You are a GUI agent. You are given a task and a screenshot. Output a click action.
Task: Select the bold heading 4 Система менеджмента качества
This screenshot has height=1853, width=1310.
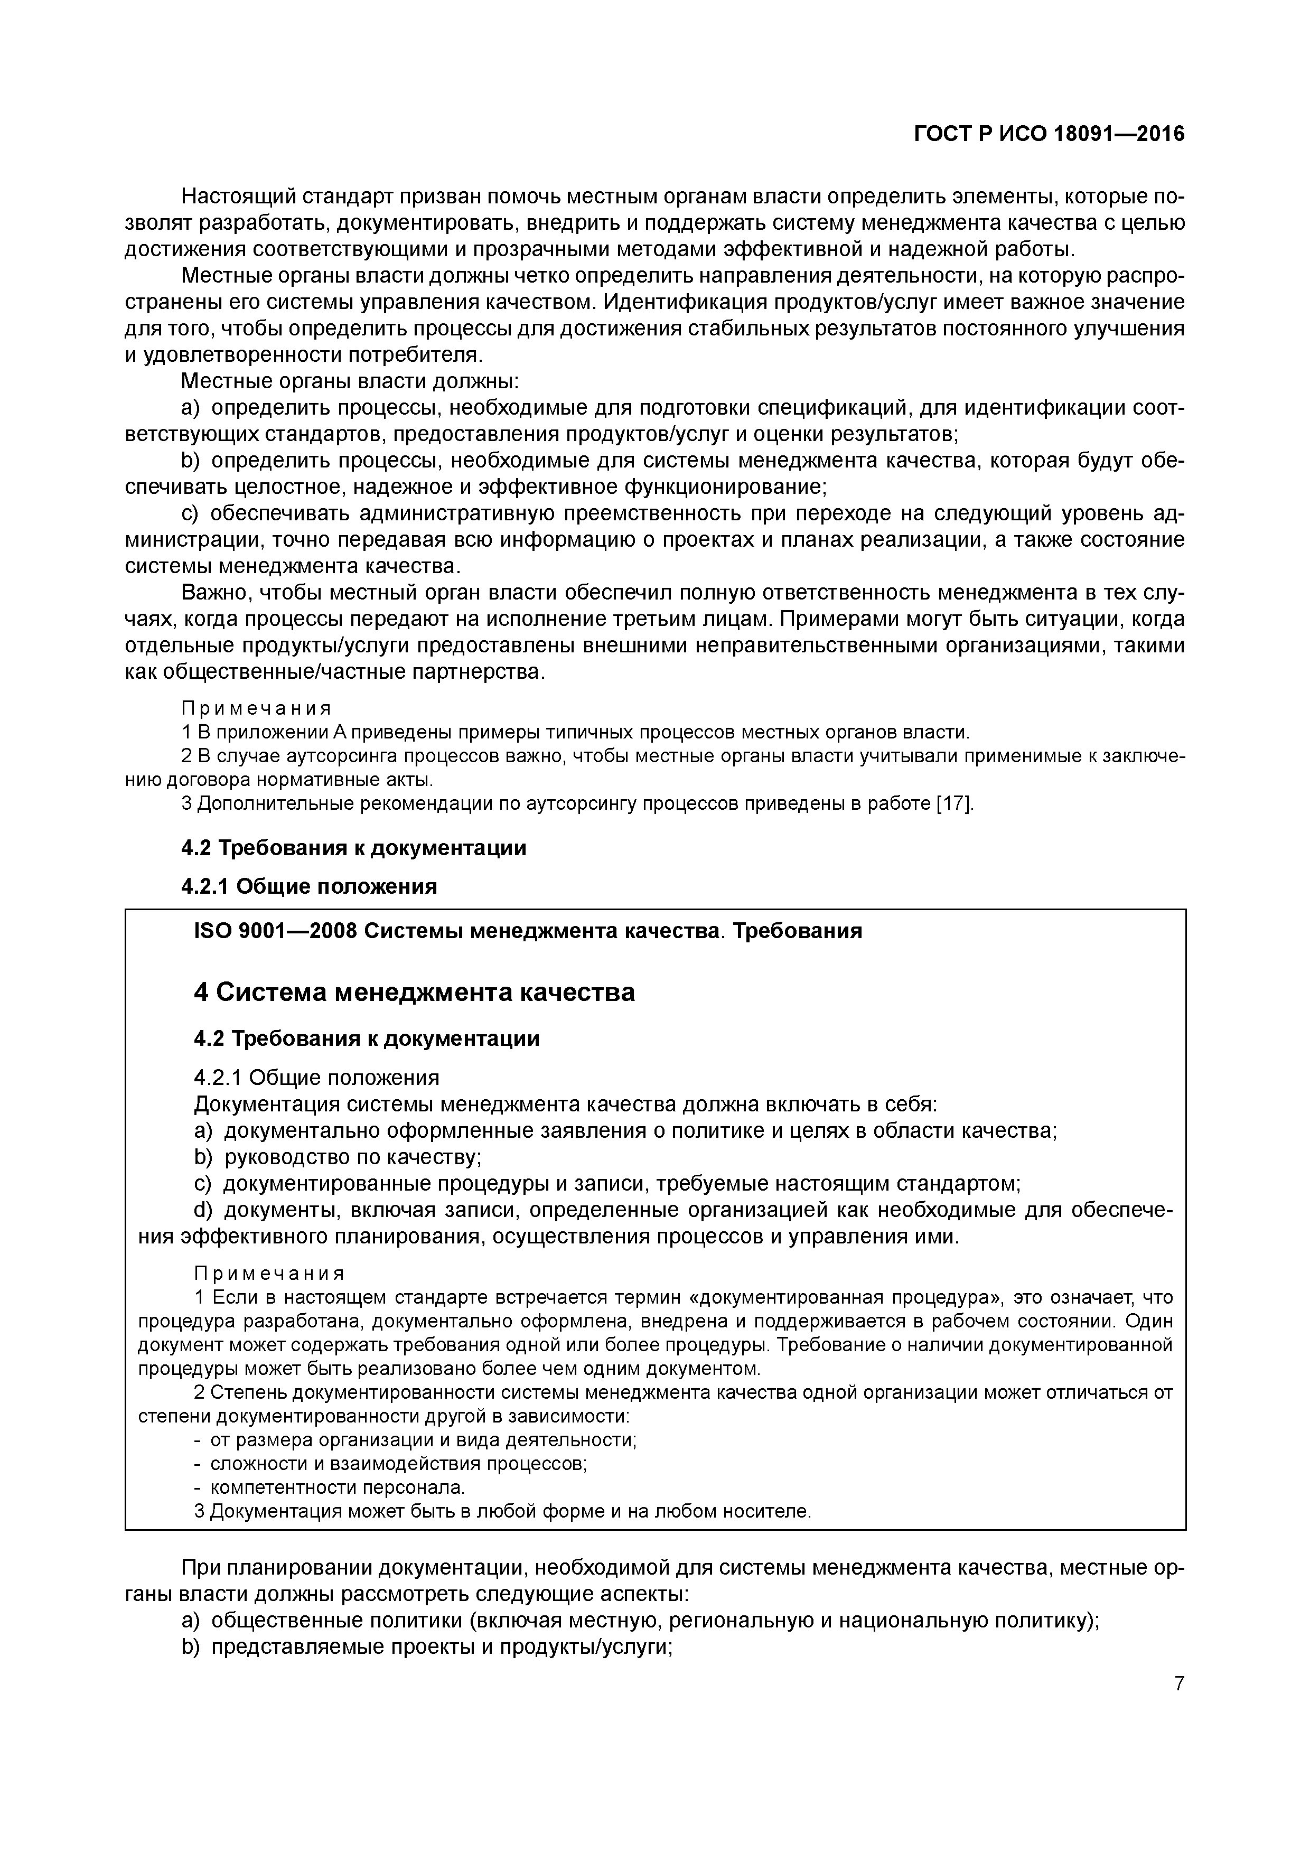pos(414,992)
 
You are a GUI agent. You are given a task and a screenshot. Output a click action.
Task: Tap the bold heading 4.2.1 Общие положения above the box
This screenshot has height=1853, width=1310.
pos(309,886)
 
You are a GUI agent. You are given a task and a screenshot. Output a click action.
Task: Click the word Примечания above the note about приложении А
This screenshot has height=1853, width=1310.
pos(256,708)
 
